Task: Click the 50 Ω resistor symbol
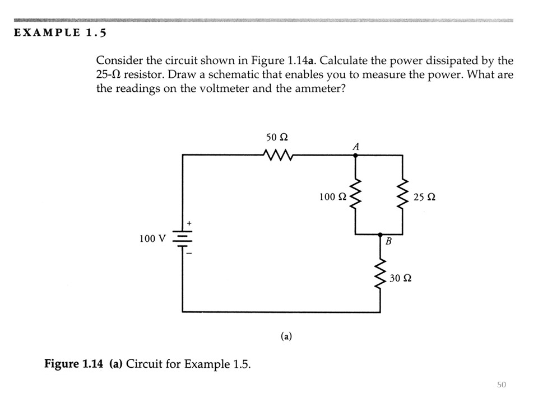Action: [x=277, y=154]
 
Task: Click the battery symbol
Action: [x=183, y=238]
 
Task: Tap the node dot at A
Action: [x=355, y=155]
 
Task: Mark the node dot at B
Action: [x=381, y=235]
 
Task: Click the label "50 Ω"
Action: [x=276, y=137]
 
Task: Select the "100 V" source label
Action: [x=152, y=239]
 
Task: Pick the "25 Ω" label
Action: [x=424, y=197]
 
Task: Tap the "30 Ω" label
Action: [x=401, y=278]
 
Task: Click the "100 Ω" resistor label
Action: [x=332, y=197]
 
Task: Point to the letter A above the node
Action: [x=355, y=146]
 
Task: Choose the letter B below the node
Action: [x=387, y=243]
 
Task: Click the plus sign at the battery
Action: [x=189, y=223]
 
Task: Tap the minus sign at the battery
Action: [x=189, y=254]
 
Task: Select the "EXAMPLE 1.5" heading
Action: [x=61, y=32]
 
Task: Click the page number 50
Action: [x=501, y=384]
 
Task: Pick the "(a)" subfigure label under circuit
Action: [x=286, y=336]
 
